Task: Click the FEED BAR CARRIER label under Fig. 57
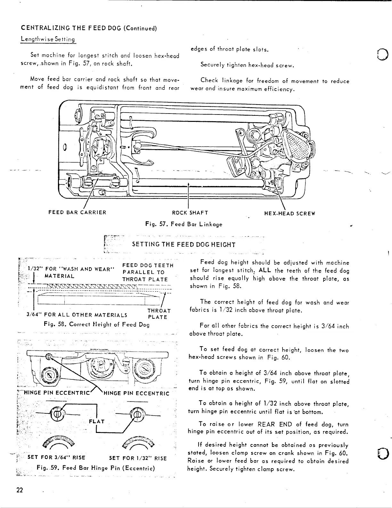pos(77,213)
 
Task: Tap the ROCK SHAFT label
pos(190,213)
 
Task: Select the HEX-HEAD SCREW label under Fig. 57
pos(290,214)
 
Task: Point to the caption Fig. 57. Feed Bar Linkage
pos(184,224)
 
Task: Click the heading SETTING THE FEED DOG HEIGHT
pos(184,245)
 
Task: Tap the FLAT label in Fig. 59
pos(98,421)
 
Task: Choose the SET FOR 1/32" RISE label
pos(138,458)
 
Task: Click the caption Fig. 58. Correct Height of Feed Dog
pos(96,324)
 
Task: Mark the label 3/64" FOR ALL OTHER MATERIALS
pos(77,315)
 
